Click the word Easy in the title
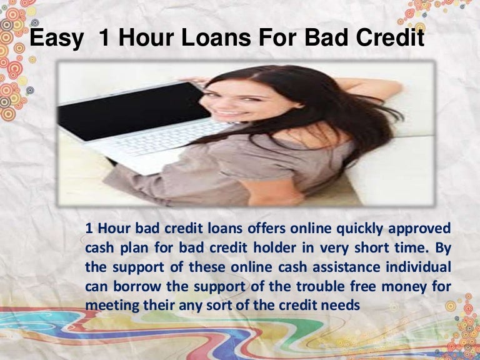pyautogui.click(x=57, y=39)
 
